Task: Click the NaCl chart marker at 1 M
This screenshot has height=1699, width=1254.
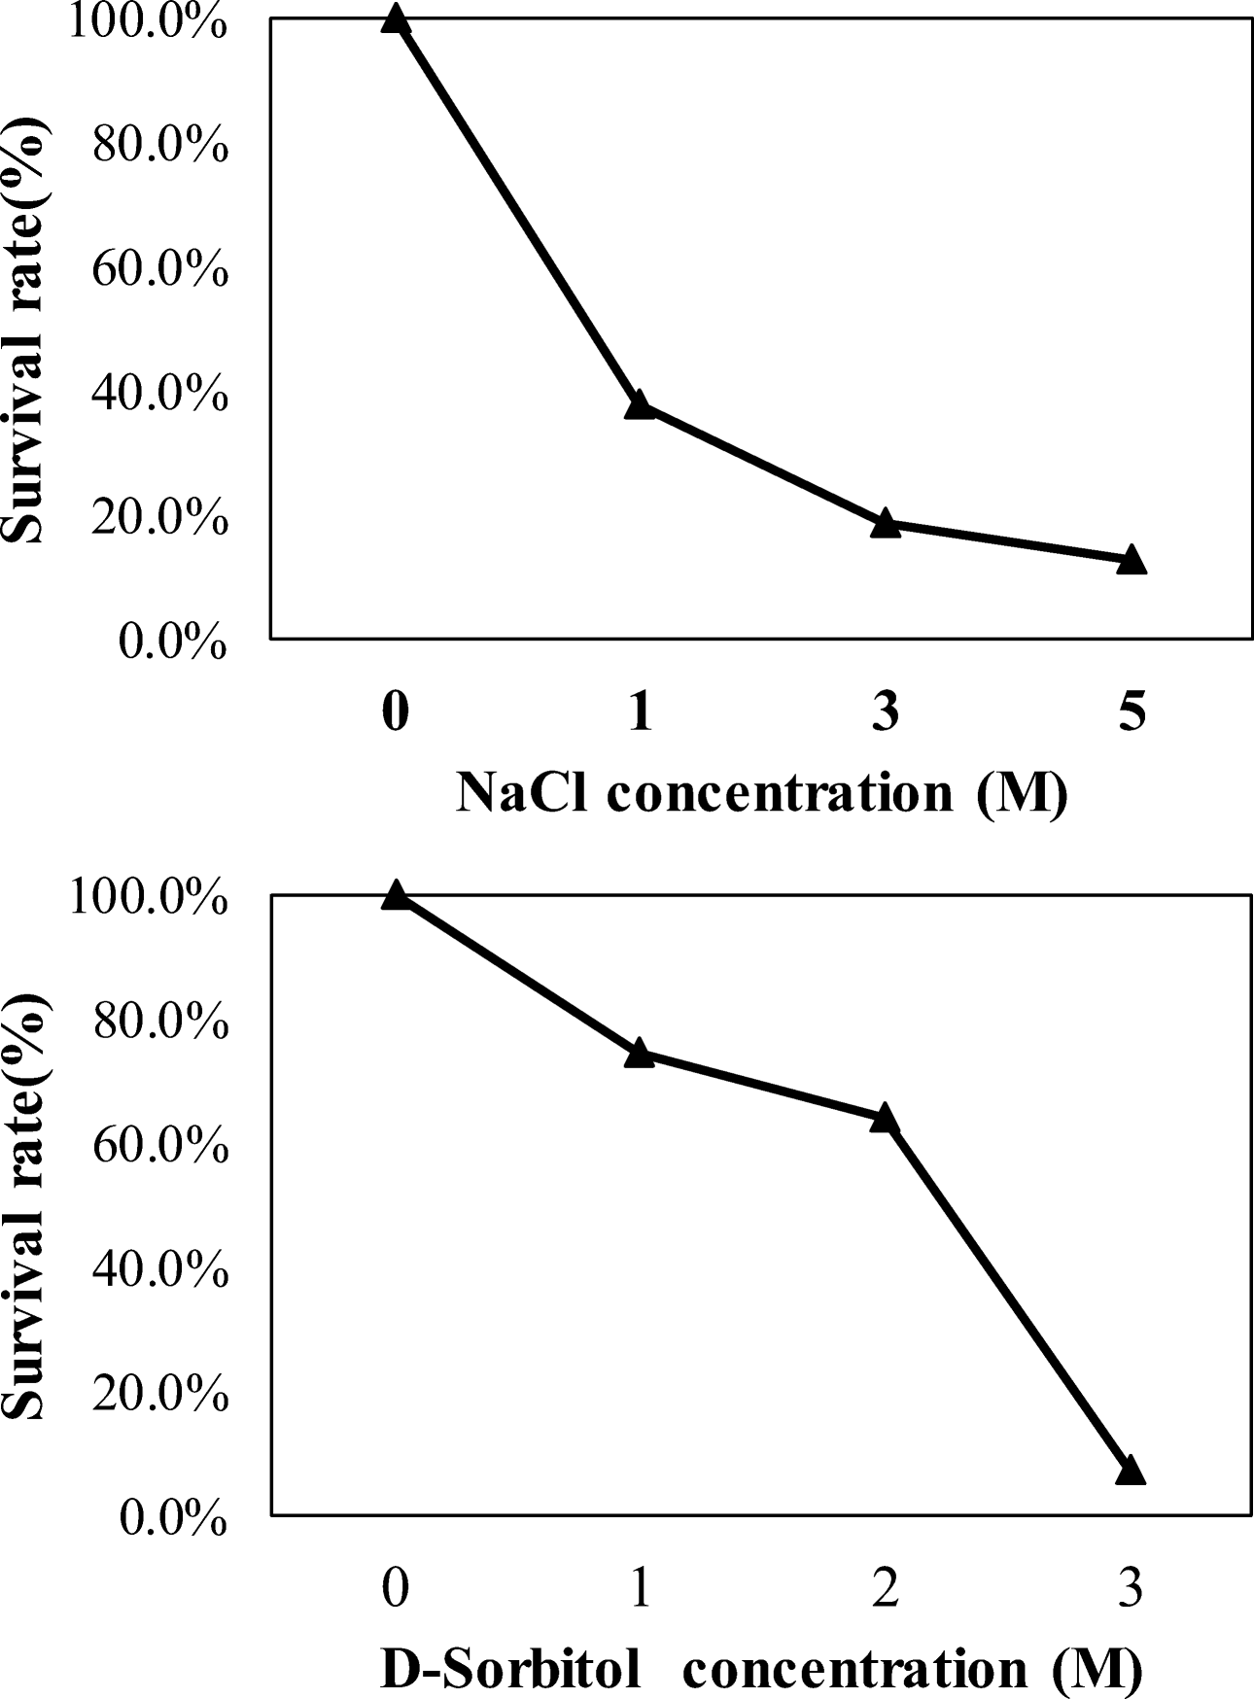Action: [x=639, y=405]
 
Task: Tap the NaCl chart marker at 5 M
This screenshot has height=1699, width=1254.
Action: [x=1131, y=560]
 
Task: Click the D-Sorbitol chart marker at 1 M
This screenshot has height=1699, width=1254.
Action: [x=639, y=1053]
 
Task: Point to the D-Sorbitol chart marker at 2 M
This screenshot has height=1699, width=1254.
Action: [x=885, y=1118]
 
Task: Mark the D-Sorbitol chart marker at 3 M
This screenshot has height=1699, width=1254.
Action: [x=1131, y=1471]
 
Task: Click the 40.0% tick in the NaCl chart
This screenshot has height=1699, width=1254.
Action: [x=160, y=395]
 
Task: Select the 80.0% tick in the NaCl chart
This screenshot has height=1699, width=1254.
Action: [x=160, y=146]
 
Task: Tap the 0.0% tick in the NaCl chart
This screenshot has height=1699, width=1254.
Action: [x=173, y=642]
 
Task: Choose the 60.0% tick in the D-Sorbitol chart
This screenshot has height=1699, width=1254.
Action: [x=160, y=1146]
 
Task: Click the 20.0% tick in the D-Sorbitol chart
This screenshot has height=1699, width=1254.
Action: [x=160, y=1395]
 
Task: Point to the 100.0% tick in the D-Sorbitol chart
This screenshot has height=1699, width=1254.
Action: [x=148, y=897]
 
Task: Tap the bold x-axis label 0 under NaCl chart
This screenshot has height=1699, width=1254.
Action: [x=394, y=712]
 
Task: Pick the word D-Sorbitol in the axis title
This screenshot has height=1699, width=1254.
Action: [x=510, y=1669]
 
